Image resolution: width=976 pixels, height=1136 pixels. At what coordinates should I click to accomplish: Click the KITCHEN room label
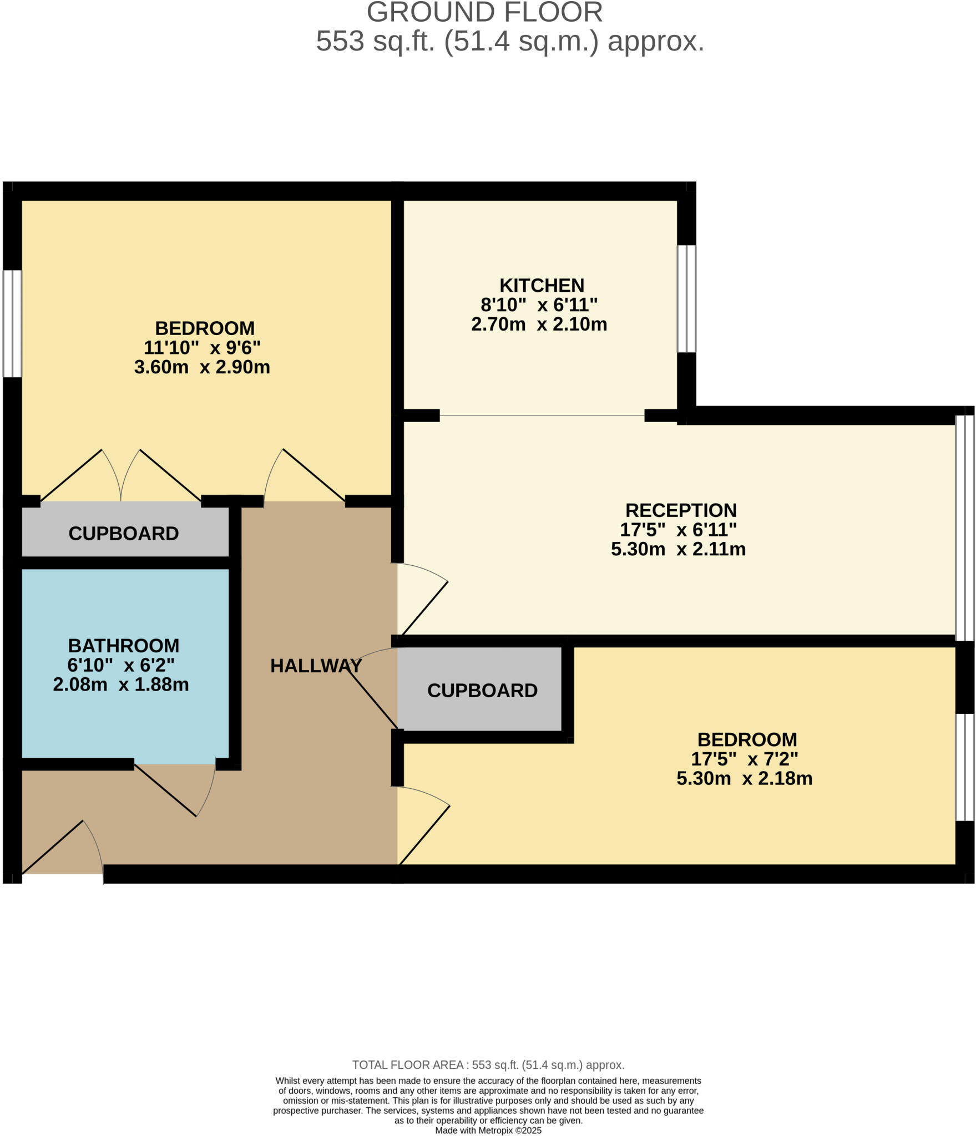pos(542,286)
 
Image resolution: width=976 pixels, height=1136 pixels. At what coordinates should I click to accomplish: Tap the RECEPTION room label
pos(681,510)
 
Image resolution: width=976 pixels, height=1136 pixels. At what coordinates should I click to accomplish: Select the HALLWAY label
pos(316,666)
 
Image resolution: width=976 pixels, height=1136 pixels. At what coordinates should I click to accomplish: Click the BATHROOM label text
pos(123,646)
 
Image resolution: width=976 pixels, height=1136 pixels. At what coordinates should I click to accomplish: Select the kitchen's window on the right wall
pos(686,299)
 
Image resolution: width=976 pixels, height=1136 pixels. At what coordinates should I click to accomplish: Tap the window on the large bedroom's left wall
pos(12,324)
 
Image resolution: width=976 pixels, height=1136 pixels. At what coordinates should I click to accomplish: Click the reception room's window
pos(964,528)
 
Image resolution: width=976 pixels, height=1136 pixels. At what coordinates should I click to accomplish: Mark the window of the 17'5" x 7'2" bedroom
pos(964,767)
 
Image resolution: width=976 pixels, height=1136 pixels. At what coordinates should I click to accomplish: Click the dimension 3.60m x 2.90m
pos(202,367)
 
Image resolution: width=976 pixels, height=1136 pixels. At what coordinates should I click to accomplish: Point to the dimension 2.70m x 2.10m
pos(539,324)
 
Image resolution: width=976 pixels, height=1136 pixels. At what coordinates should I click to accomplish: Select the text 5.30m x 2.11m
pos(678,549)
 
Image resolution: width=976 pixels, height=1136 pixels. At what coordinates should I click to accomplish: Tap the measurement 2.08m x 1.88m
pos(121,684)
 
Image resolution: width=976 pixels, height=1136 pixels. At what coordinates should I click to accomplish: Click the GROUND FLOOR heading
pos(484,12)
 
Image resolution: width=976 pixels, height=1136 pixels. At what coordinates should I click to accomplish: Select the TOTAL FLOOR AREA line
pos(488,1065)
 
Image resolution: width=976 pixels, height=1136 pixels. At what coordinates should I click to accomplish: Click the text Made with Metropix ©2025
pos(488,1130)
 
